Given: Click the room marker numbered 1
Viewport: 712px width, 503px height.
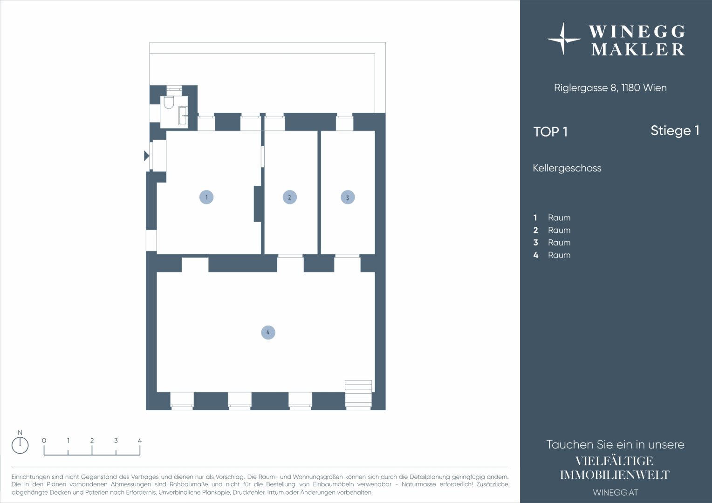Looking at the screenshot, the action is tap(206, 197).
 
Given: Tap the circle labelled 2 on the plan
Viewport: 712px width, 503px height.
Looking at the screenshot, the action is tap(289, 197).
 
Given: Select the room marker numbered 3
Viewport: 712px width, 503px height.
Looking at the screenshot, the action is tap(348, 197).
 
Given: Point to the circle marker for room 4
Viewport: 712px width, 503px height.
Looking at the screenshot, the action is tap(268, 333).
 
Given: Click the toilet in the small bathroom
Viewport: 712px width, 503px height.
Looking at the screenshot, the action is tap(169, 102).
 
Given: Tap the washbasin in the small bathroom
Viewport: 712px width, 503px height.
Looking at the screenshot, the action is tap(183, 116).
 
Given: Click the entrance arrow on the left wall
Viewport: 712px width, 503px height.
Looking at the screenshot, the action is tap(146, 156).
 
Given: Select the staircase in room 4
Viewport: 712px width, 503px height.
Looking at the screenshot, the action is tap(358, 394).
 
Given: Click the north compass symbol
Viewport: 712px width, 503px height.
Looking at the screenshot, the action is tap(20, 442).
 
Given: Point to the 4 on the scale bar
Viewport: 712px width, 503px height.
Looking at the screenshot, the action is tap(140, 441).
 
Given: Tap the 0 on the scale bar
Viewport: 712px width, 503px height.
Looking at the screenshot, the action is tap(44, 441).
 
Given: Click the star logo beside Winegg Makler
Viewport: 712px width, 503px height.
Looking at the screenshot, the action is tap(563, 39).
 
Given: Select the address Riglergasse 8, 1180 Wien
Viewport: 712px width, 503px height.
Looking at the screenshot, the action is tap(610, 88).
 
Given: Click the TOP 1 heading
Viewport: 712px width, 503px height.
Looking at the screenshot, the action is tap(550, 132).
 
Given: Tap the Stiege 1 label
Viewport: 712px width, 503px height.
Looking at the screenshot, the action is tap(675, 131).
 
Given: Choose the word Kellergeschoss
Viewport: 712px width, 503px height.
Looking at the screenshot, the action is tap(567, 168).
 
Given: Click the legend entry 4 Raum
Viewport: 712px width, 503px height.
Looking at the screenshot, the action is tap(552, 255).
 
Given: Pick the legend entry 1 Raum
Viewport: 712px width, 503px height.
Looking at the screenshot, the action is tap(552, 218).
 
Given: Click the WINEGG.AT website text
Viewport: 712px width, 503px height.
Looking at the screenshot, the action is tap(616, 492).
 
